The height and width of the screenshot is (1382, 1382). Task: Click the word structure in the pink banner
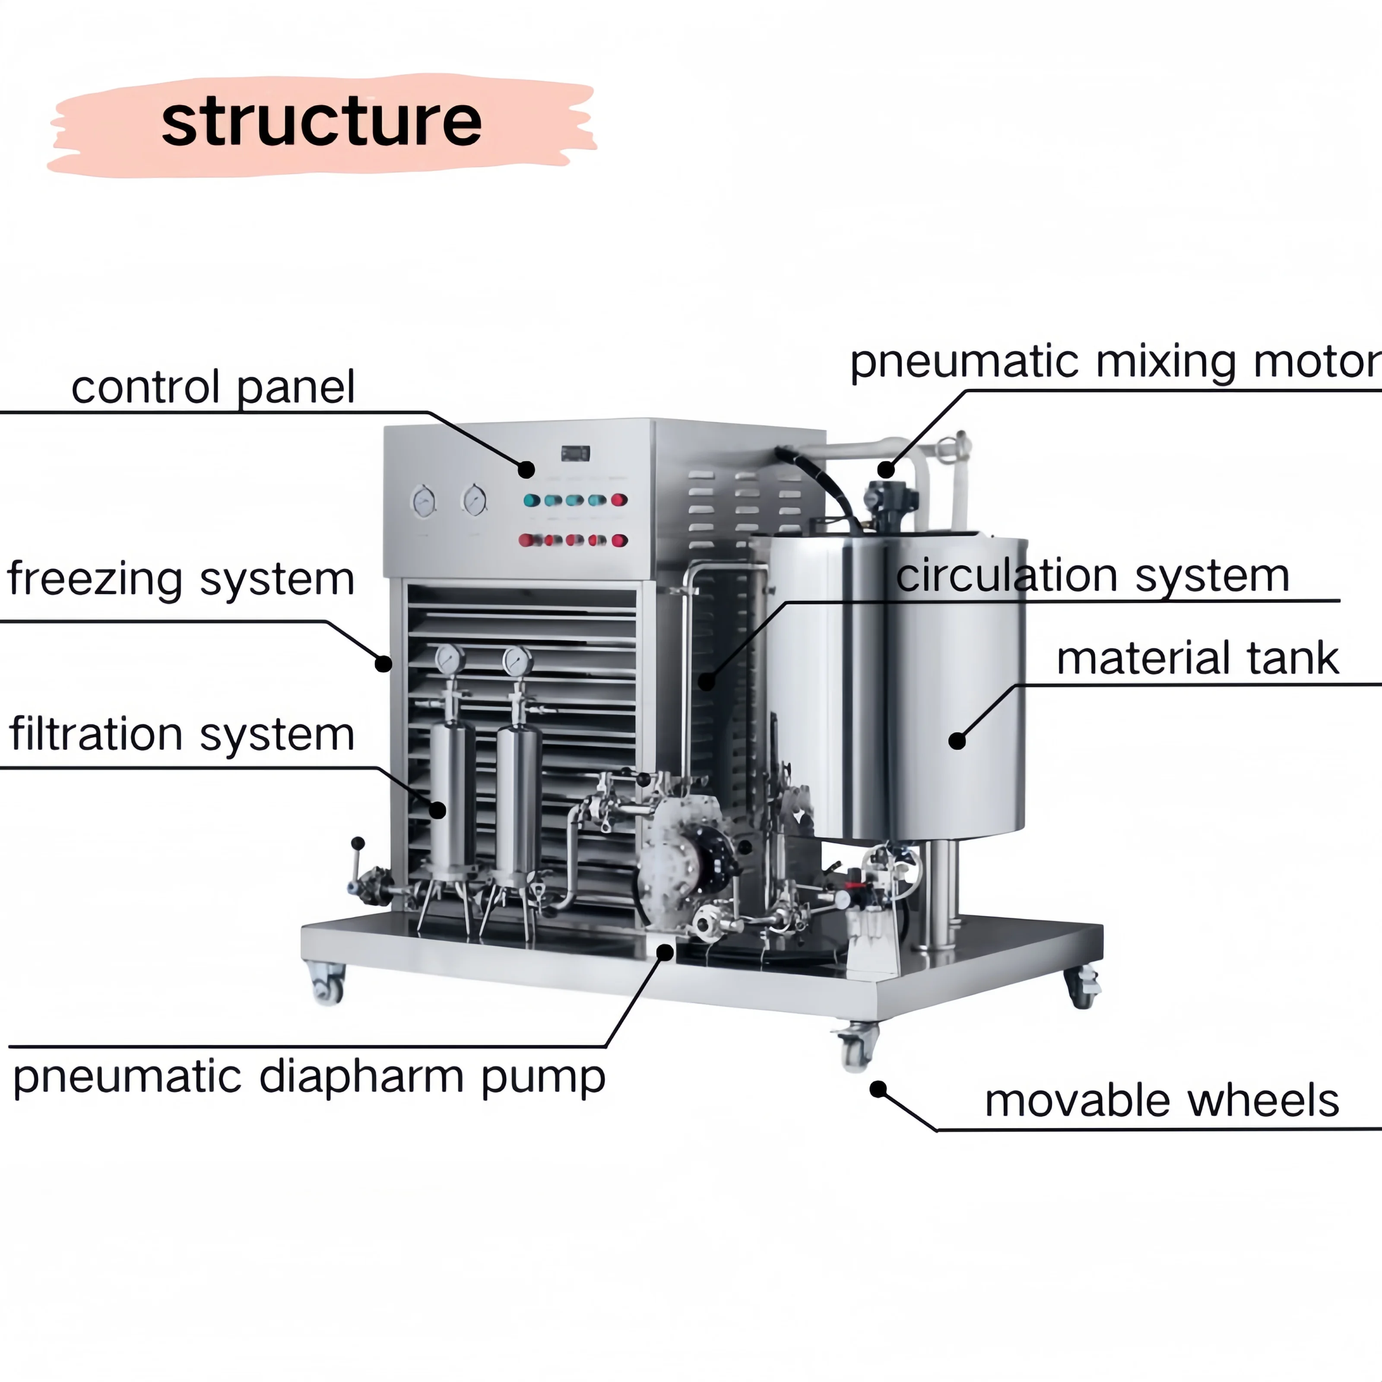coord(321,122)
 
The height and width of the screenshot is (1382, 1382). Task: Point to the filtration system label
coord(182,735)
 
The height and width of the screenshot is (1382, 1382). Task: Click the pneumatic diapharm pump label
coord(309,1077)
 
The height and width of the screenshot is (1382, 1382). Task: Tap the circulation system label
coord(1092,576)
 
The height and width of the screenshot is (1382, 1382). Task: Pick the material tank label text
coord(1197,658)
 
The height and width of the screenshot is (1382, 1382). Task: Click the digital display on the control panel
coord(575,453)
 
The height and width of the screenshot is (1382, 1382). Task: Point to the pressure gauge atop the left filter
coord(449,659)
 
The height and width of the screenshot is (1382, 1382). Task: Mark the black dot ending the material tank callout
coord(957,741)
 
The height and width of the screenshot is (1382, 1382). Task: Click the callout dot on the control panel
coord(526,469)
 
